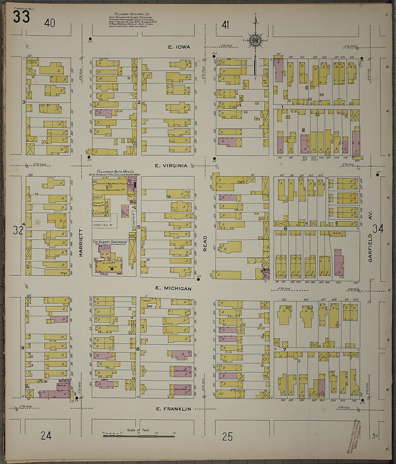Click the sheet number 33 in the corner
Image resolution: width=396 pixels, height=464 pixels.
[21, 17]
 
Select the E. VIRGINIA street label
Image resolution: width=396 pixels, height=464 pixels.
[171, 166]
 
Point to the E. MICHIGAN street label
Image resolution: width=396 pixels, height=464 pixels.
[173, 288]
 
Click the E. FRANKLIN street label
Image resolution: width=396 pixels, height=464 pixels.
[173, 409]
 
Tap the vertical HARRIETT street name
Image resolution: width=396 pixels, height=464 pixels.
[81, 243]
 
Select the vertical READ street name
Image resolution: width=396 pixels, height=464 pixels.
[205, 243]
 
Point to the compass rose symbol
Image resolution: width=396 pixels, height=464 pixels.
[255, 40]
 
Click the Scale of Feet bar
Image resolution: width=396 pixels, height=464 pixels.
[139, 436]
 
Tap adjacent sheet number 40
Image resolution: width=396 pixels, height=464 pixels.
[50, 23]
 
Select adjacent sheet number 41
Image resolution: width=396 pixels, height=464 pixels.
[226, 25]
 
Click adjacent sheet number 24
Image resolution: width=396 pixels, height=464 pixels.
[46, 436]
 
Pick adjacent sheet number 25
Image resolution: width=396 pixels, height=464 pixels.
[227, 437]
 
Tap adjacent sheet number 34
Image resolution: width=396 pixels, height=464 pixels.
[378, 229]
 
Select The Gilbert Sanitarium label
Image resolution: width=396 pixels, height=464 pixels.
[110, 242]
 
